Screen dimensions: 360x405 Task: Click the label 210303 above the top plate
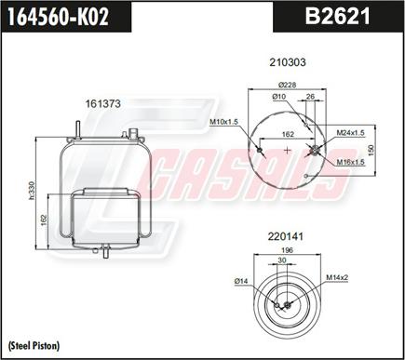pos(287,62)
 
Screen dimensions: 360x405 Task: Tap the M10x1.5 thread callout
pos(224,122)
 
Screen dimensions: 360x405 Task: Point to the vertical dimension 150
pos(371,150)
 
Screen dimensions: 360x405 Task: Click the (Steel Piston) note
pos(34,345)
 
